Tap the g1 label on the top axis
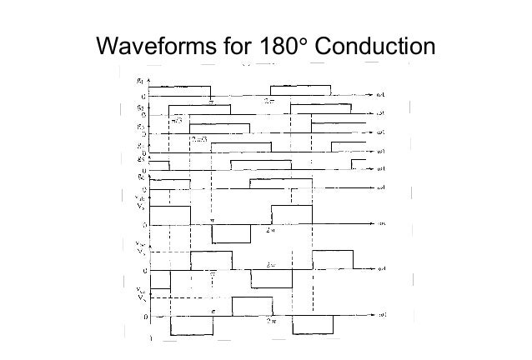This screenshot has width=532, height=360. [138, 82]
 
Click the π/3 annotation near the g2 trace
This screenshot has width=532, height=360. [177, 120]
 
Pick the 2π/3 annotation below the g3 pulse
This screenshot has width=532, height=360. [199, 138]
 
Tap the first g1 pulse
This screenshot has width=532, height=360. [179, 91]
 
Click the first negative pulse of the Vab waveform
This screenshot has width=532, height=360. [230, 233]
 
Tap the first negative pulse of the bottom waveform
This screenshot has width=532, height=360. [188, 327]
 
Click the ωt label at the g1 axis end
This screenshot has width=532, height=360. [381, 95]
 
